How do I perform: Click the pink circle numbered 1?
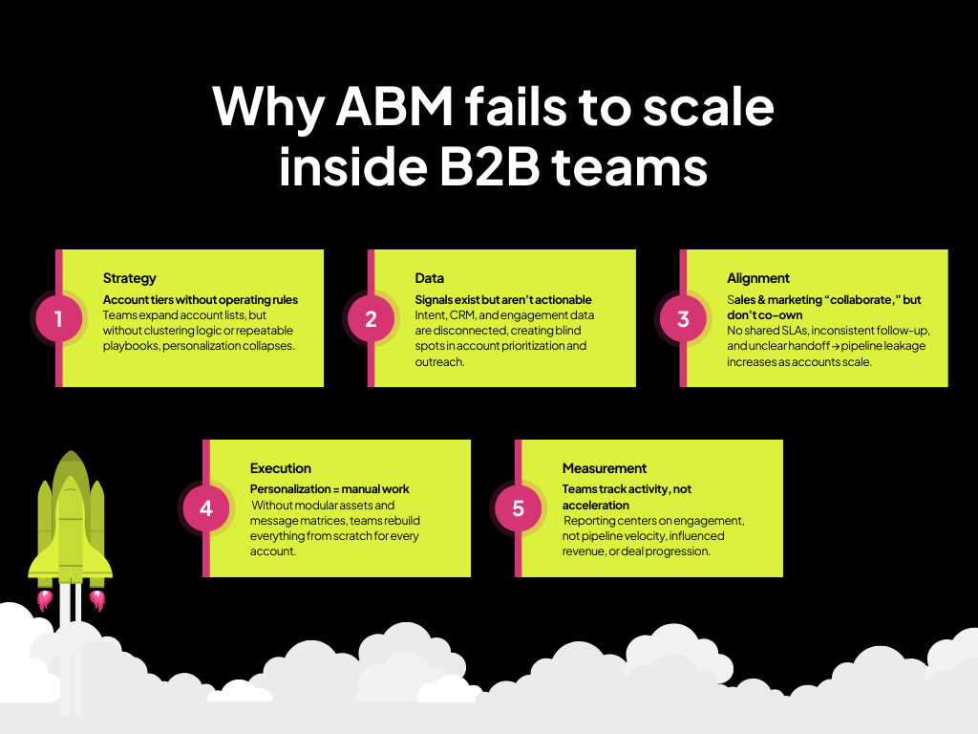click(x=58, y=318)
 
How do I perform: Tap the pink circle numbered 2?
click(x=371, y=318)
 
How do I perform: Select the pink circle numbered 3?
click(x=683, y=318)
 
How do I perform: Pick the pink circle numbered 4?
click(x=205, y=508)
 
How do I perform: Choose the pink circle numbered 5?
click(x=518, y=508)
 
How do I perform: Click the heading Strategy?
click(x=129, y=278)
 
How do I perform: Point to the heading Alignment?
click(x=758, y=278)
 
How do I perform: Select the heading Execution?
click(x=281, y=468)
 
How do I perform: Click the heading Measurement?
click(x=605, y=468)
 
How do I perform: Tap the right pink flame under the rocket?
click(x=96, y=600)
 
